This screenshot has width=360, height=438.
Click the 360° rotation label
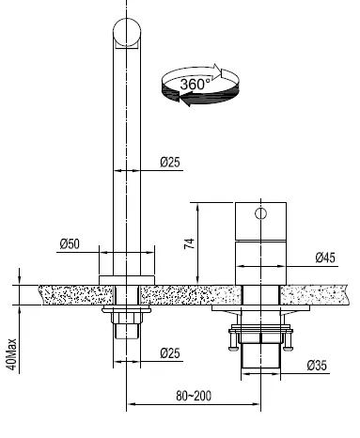pyautogui.click(x=196, y=85)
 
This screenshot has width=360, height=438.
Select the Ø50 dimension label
pyautogui.click(x=70, y=243)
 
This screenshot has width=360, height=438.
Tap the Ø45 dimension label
pyautogui.click(x=325, y=258)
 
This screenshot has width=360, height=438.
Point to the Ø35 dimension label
pyautogui.click(x=317, y=366)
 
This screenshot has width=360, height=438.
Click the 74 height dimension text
pyautogui.click(x=189, y=243)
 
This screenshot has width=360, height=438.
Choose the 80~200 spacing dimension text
pyautogui.click(x=194, y=396)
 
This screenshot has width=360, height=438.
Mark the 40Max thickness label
pyautogui.click(x=11, y=354)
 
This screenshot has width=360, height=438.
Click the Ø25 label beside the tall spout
pyautogui.click(x=170, y=162)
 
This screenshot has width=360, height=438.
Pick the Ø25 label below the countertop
pyautogui.click(x=170, y=353)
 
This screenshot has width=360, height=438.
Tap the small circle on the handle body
pyautogui.click(x=260, y=213)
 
